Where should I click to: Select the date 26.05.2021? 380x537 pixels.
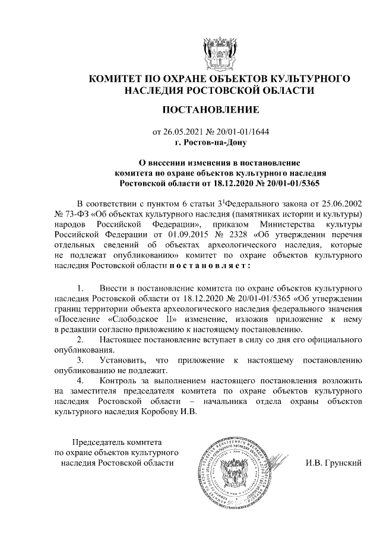(x=181, y=132)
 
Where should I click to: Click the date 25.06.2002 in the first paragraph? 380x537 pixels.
(x=340, y=203)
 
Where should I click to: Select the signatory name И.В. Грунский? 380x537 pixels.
(x=334, y=462)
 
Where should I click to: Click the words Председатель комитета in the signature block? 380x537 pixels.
(x=116, y=442)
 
